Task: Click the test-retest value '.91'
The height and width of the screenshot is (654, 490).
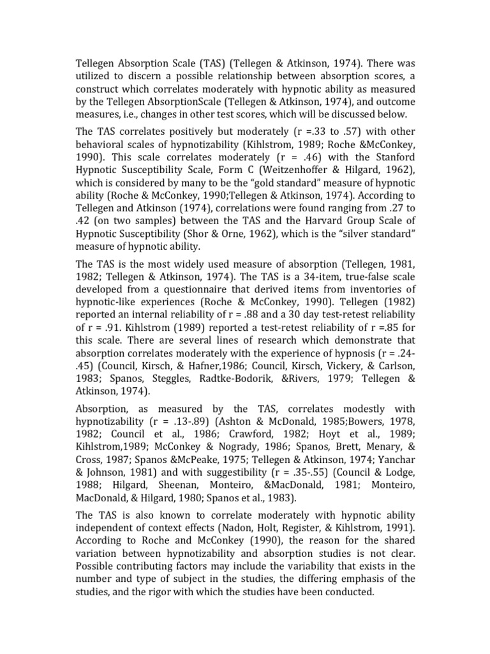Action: point(103,338)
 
